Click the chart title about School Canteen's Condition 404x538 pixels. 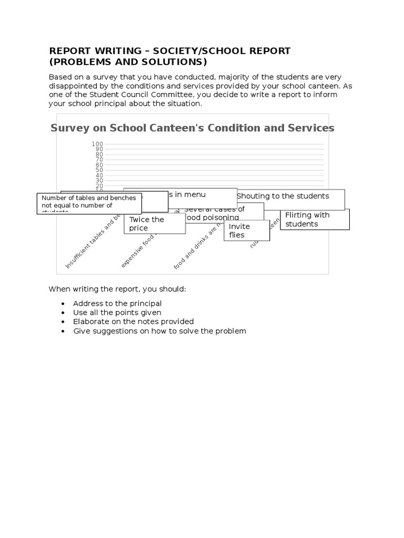192,128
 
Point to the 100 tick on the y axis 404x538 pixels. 97,144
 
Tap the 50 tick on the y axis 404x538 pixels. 99,170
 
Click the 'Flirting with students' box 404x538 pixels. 315,220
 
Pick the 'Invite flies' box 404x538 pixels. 246,231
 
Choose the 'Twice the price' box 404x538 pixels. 155,224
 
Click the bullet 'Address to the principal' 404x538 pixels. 117,304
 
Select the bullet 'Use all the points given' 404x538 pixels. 117,313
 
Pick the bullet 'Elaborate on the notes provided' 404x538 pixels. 133,322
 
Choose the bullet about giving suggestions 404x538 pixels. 159,331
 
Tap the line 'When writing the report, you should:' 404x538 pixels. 117,289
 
